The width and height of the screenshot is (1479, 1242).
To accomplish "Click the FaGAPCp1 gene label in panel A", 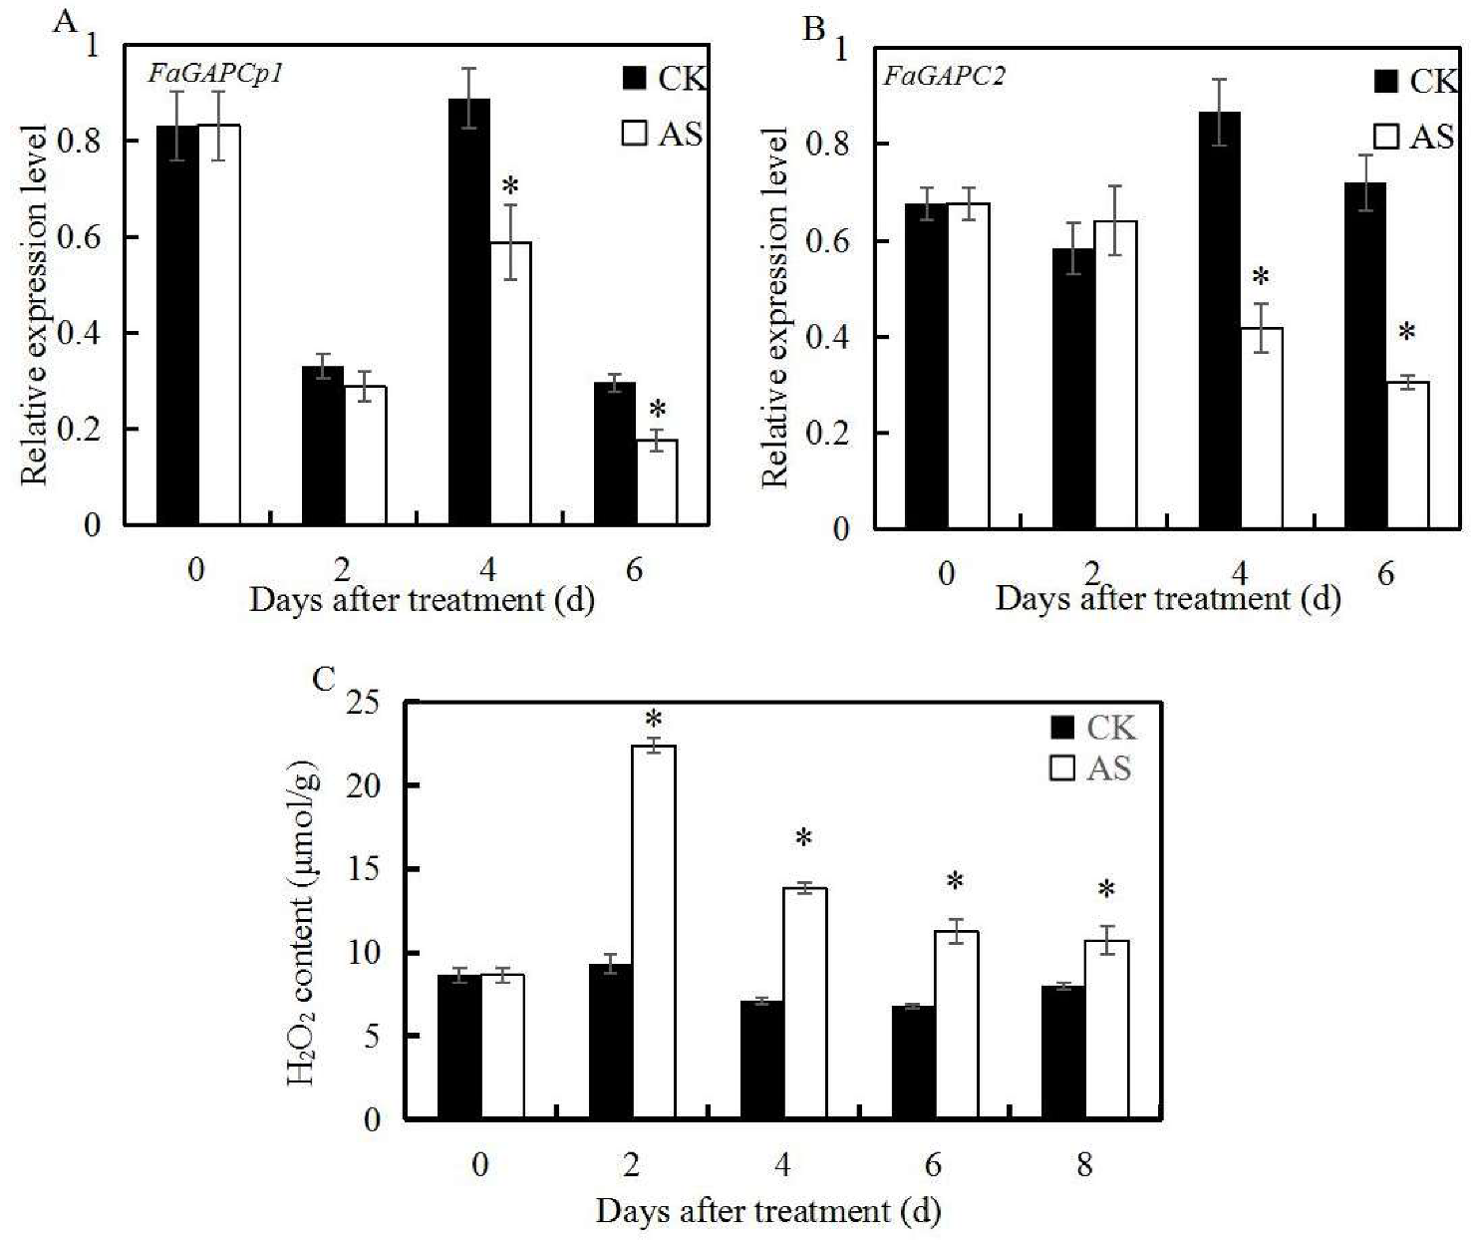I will (x=215, y=74).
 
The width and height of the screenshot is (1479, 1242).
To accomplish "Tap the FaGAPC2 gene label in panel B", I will (x=944, y=76).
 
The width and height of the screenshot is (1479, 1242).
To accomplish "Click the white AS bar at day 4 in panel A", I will (x=510, y=384).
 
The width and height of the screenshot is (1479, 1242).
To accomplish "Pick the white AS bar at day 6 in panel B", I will (x=1406, y=455).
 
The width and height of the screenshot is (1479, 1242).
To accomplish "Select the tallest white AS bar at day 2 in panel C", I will (x=654, y=932).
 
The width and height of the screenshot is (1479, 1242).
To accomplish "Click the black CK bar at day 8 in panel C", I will (x=1063, y=1053).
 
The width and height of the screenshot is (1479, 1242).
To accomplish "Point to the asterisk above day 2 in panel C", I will (x=654, y=720).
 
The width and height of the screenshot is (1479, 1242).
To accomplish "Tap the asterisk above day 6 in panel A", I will (x=657, y=410).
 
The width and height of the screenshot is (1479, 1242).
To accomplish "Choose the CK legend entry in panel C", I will (x=1092, y=728).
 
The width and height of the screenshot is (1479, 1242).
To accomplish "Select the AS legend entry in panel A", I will (x=663, y=134).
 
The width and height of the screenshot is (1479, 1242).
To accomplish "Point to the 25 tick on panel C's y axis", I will (x=363, y=704).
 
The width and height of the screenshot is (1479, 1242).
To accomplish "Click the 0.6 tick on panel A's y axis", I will (x=79, y=237).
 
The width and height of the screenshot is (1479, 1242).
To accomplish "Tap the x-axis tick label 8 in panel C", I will (x=1084, y=1164).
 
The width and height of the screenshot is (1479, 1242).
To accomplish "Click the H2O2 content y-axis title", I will (x=304, y=922).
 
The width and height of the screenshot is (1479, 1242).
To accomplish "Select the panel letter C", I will (x=324, y=679).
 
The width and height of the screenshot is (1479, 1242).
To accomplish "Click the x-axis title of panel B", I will (x=1167, y=598).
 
